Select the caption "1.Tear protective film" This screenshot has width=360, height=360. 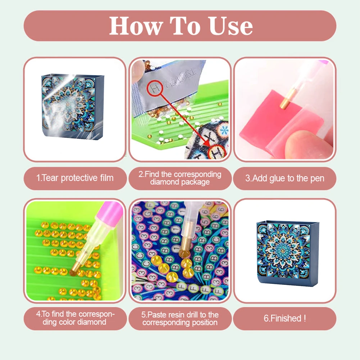click(x=75, y=178)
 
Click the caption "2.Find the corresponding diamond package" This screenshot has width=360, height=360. click(x=180, y=178)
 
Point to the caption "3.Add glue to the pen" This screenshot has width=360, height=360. click(x=285, y=178)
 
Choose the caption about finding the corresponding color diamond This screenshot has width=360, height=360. click(x=75, y=318)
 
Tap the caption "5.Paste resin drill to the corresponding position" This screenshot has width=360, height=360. click(x=180, y=318)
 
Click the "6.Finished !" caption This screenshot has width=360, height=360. click(x=285, y=318)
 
